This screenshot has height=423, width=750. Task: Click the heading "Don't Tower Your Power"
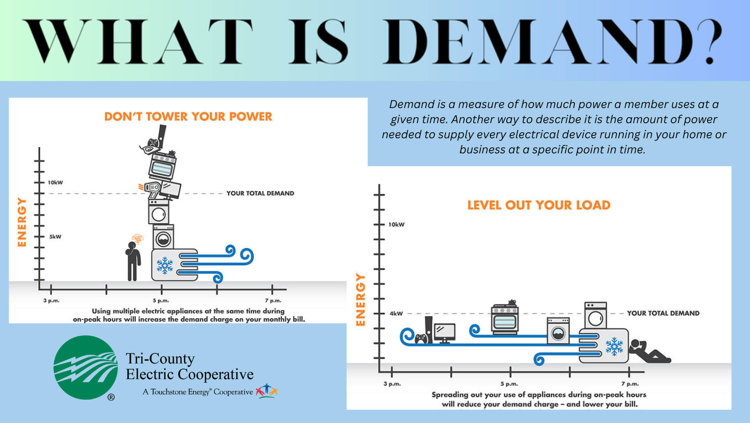click(x=188, y=117)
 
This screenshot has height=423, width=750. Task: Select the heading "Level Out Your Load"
click(x=539, y=205)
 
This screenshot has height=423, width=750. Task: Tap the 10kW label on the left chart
click(x=55, y=183)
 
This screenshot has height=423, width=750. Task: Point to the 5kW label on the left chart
click(x=55, y=237)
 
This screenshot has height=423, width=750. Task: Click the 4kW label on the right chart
click(x=396, y=314)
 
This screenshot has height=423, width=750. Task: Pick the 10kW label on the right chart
click(x=396, y=225)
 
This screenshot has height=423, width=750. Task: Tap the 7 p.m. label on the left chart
click(x=273, y=301)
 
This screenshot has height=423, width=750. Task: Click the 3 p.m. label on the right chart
click(x=392, y=384)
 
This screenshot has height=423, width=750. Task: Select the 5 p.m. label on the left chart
click(x=161, y=301)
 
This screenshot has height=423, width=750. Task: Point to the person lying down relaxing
click(x=648, y=352)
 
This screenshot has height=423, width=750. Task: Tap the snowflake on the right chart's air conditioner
click(x=614, y=347)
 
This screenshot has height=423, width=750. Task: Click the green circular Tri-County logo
click(x=86, y=368)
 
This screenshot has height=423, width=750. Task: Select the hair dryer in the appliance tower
click(x=151, y=189)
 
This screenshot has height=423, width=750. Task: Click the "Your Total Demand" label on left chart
click(x=260, y=193)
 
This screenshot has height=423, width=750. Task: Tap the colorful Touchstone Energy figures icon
click(x=267, y=391)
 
